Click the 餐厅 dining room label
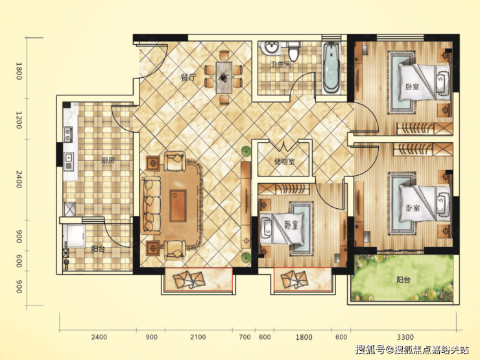pos(188,77)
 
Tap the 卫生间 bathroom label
pos(281,65)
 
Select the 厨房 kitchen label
pos(108,160)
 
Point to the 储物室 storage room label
pos(285,162)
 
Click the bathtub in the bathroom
pos(331,68)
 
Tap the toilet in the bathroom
pos(294,51)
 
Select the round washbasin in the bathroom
pos(271,47)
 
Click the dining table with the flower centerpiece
pos(224,77)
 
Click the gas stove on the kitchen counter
pos(68,135)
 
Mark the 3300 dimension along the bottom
pos(405,337)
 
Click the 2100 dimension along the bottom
pos(198,337)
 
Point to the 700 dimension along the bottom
pos(245,337)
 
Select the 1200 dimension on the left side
pos(19,120)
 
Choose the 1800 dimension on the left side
pos(19,71)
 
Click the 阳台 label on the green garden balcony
pos(403,280)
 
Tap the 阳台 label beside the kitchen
pos(98,249)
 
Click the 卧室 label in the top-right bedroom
pos(413,87)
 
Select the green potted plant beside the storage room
pos(246,151)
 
